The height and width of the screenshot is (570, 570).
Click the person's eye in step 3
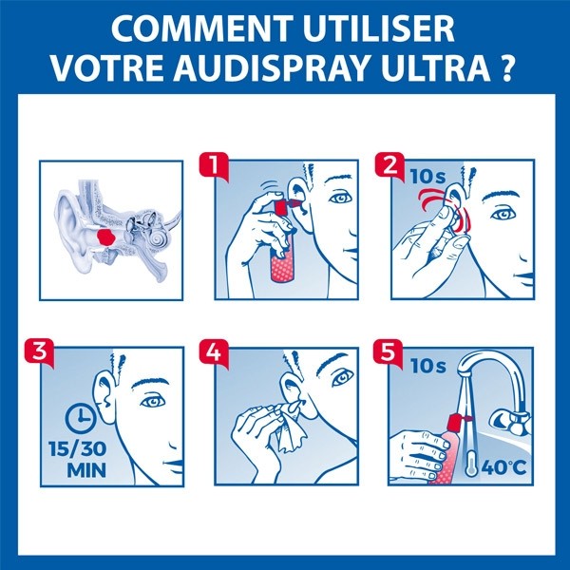151,401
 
